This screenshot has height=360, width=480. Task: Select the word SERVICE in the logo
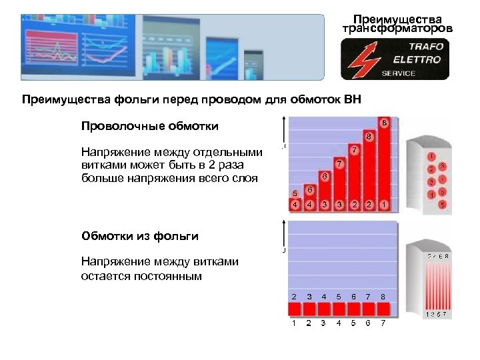pos(398,73)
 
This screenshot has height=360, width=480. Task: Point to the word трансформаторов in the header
pos(396,29)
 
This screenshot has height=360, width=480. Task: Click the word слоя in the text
pos(243,178)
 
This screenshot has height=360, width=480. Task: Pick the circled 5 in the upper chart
pos(295,193)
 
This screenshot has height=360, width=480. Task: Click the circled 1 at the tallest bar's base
pos(385,204)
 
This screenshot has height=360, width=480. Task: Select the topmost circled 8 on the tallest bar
pos(385,123)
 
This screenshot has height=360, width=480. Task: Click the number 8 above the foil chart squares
pos(383,296)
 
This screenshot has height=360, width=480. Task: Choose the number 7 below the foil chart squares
pos(383,323)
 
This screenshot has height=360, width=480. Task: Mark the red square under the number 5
pos(339,309)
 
